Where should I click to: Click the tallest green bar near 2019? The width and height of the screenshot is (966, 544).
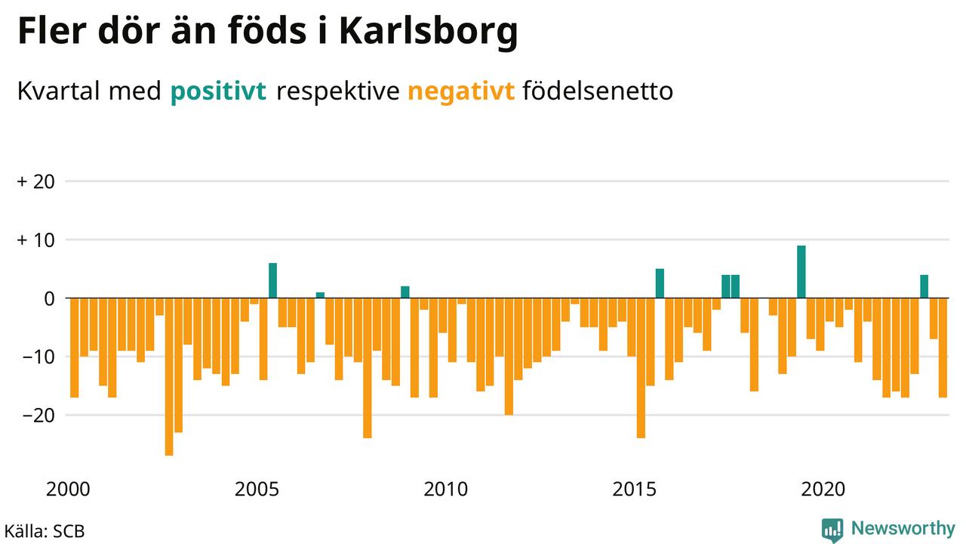[801, 272]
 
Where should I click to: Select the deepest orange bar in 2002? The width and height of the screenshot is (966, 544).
[169, 376]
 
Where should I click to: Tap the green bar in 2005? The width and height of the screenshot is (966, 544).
[273, 280]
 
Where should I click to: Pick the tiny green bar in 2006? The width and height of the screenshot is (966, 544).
[320, 295]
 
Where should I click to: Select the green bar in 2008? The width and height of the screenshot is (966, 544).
[405, 292]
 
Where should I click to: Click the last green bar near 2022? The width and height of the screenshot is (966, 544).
[924, 286]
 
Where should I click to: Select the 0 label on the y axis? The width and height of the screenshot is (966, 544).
[51, 298]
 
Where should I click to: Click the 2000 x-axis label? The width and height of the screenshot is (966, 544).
[69, 489]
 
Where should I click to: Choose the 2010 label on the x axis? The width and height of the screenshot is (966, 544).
[447, 489]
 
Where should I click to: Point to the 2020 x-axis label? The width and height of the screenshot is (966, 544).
[824, 489]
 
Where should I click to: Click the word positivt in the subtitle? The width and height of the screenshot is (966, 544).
[219, 92]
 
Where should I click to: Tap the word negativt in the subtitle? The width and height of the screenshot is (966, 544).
[461, 92]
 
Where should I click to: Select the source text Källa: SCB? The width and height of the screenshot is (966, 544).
[45, 530]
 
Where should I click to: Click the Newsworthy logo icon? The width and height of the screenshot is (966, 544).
[832, 529]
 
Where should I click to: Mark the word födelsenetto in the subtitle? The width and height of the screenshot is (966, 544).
[597, 92]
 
